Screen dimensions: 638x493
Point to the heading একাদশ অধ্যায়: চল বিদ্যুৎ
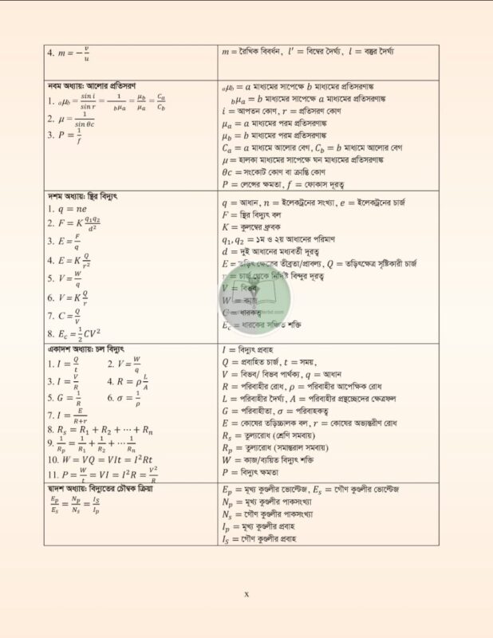point(88,349)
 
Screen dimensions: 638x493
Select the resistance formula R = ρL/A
point(128,380)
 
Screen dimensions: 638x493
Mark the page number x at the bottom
point(246,593)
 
